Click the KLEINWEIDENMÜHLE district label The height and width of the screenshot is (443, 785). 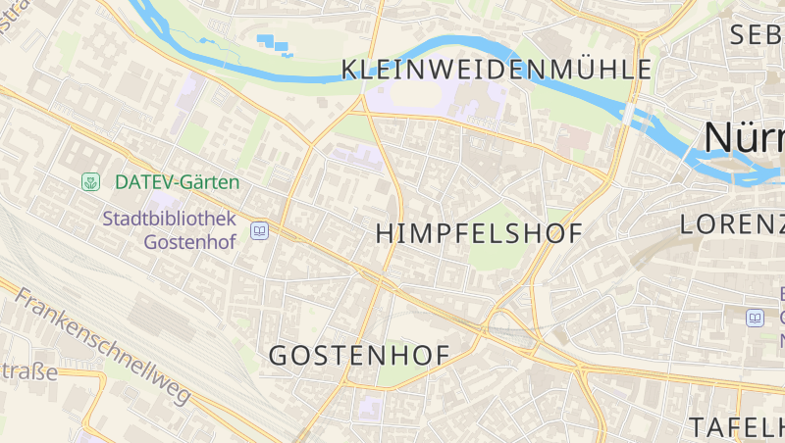496,70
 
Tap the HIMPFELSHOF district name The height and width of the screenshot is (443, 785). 480,233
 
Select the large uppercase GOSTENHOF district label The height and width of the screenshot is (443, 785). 359,356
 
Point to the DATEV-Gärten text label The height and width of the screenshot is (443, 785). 177,181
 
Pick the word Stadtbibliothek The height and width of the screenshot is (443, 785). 169,218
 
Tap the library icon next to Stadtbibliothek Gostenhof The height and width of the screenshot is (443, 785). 260,231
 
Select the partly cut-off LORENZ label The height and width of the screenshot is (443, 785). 731,224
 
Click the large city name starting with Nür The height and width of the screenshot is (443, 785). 744,138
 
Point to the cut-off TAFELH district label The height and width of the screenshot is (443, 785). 736,427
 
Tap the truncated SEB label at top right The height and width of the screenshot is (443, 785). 757,35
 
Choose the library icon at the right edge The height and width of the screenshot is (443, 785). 755,318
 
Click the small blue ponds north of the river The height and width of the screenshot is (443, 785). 274,44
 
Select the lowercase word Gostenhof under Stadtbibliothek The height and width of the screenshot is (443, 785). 189,241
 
